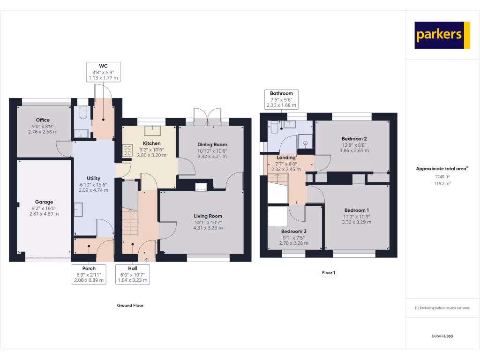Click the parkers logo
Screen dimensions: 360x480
442,35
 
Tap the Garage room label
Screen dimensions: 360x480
44,202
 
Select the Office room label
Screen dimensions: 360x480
43,120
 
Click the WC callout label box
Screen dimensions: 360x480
104,72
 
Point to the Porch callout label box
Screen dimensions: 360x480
89,274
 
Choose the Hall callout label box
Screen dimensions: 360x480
132,274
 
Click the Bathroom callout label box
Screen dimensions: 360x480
281,99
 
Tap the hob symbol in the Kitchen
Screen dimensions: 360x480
127,150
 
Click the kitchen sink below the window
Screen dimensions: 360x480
152,131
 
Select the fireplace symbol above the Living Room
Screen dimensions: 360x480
201,187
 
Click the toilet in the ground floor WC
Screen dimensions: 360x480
83,113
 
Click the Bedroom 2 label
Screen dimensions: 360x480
354,139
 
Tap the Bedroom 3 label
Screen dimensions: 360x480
294,232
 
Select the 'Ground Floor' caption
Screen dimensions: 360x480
130,305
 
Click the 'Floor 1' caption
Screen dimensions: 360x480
328,273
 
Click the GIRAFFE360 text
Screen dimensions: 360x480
442,336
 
